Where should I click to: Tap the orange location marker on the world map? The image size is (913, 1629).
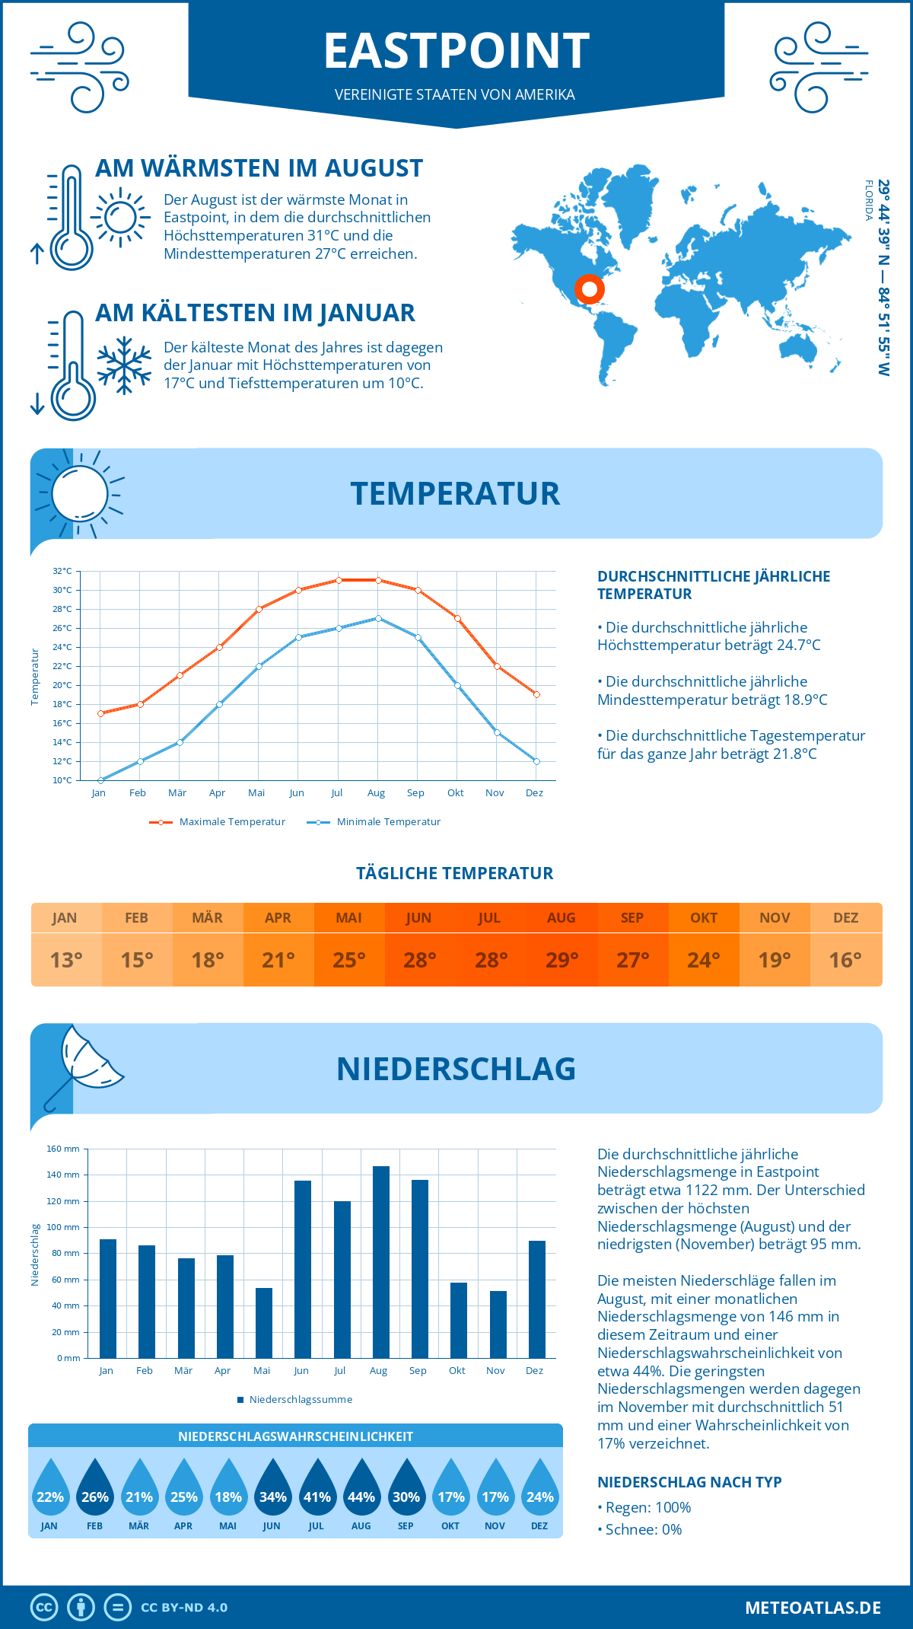(589, 289)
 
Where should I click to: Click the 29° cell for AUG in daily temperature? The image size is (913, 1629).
(561, 960)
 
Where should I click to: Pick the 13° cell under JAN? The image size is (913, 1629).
(66, 960)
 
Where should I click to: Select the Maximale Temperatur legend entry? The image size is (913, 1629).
(218, 822)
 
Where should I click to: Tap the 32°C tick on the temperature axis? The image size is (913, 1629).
(62, 571)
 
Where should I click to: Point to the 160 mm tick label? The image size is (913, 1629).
(63, 1149)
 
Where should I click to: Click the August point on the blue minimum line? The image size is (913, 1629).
(378, 618)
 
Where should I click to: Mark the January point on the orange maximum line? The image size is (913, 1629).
(100, 713)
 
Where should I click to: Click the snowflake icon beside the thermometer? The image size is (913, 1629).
(124, 365)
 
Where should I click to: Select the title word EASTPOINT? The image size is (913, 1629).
(456, 51)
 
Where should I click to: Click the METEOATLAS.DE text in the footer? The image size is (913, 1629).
(813, 1608)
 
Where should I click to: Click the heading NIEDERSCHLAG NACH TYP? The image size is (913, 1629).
(689, 1482)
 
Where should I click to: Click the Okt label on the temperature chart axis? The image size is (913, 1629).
(455, 793)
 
